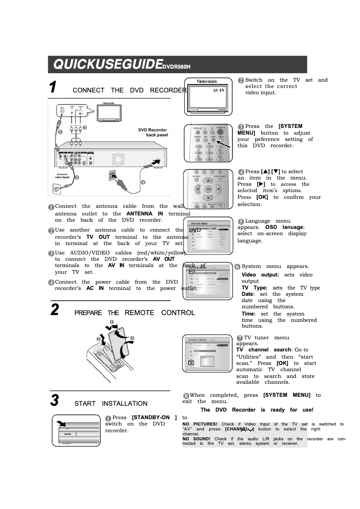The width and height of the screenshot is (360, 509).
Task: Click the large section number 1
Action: [x=53, y=87]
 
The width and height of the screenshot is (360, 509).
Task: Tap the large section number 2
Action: [x=54, y=310]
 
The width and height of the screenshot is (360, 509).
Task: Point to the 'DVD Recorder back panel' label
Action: [x=153, y=132]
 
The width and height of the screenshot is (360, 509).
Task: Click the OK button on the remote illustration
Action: [x=208, y=189]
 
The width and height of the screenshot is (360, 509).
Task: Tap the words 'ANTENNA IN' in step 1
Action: [x=145, y=214]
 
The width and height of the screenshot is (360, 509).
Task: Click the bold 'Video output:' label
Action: [x=260, y=275]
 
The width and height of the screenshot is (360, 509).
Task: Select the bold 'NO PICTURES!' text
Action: [x=200, y=424]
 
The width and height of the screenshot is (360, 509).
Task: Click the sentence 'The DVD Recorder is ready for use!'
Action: [x=257, y=410]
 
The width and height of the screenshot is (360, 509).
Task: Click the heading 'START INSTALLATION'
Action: [x=111, y=404]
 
